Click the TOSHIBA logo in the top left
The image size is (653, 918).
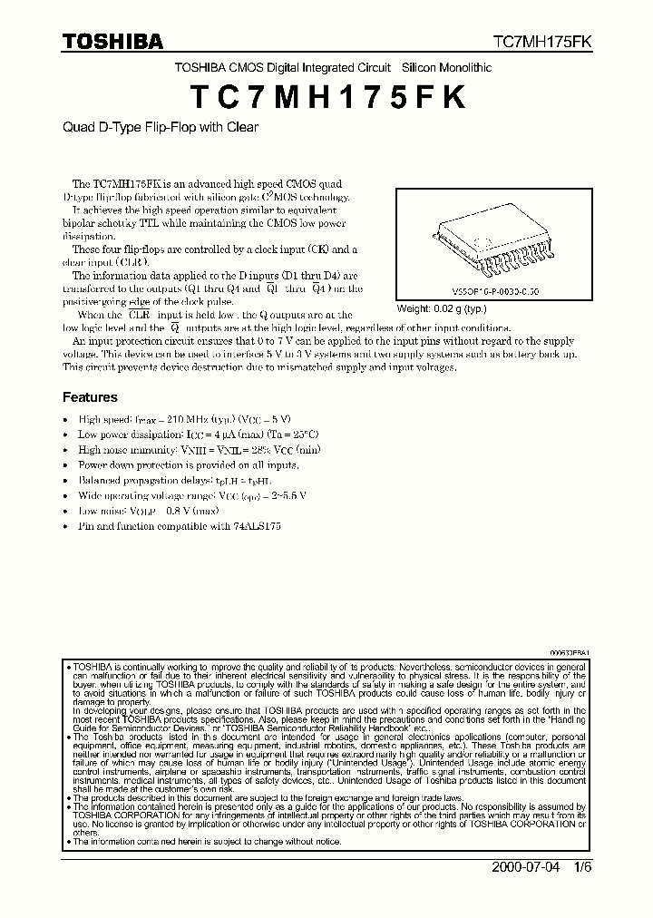(x=112, y=42)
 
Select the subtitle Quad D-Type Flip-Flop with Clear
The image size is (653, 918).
(x=160, y=127)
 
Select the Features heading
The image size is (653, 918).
(x=90, y=397)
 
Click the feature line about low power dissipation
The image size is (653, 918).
(x=198, y=435)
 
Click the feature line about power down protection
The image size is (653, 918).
(x=188, y=464)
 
